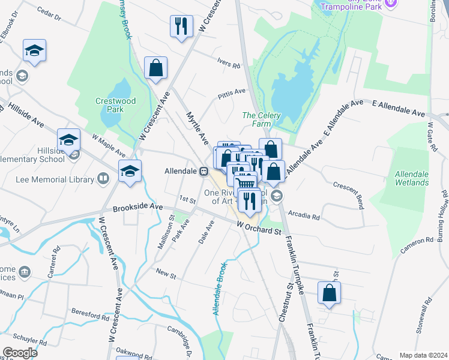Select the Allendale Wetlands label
(x=411, y=178)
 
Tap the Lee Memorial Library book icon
(x=103, y=179)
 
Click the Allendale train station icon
(x=203, y=171)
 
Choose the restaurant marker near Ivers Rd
(x=181, y=26)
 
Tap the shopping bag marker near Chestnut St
(x=329, y=293)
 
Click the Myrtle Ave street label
(x=196, y=127)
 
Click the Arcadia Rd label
(x=304, y=215)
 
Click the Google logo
(x=20, y=352)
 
